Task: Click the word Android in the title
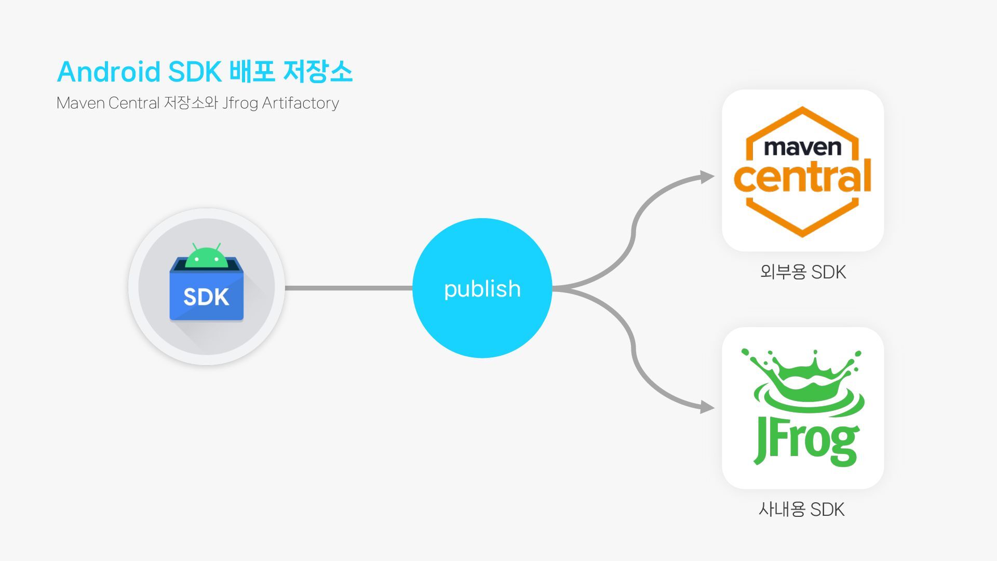pyautogui.click(x=108, y=72)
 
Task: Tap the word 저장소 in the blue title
pyautogui.click(x=318, y=72)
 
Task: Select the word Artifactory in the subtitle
pyautogui.click(x=300, y=103)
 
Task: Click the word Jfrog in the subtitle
pyautogui.click(x=240, y=103)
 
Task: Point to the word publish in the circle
pyautogui.click(x=482, y=289)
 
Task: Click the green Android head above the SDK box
pyautogui.click(x=207, y=258)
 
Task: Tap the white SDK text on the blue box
pyautogui.click(x=206, y=297)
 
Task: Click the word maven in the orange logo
pyautogui.click(x=802, y=148)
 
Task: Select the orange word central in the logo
pyautogui.click(x=802, y=177)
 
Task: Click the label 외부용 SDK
pyautogui.click(x=803, y=272)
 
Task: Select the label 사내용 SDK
pyautogui.click(x=802, y=510)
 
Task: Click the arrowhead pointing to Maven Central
pyautogui.click(x=707, y=177)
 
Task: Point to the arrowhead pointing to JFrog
pyautogui.click(x=707, y=407)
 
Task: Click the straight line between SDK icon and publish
pyautogui.click(x=348, y=288)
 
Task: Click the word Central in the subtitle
pyautogui.click(x=133, y=103)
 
